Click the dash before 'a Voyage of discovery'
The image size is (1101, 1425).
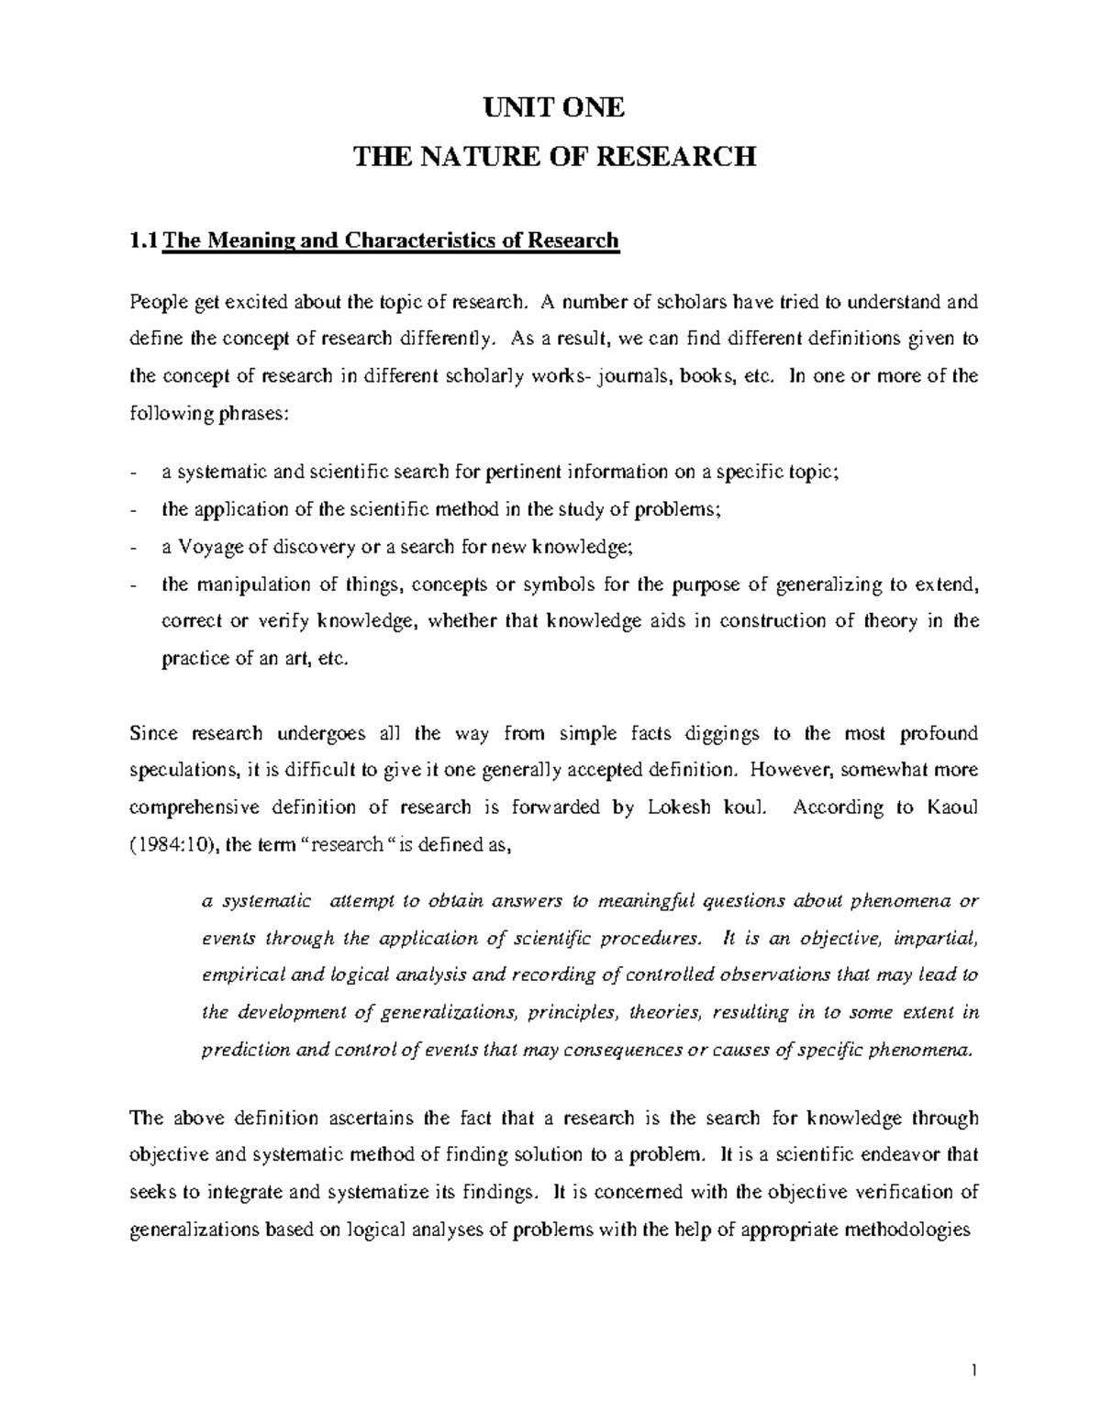pos(136,547)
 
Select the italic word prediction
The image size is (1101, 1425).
pos(244,1051)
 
